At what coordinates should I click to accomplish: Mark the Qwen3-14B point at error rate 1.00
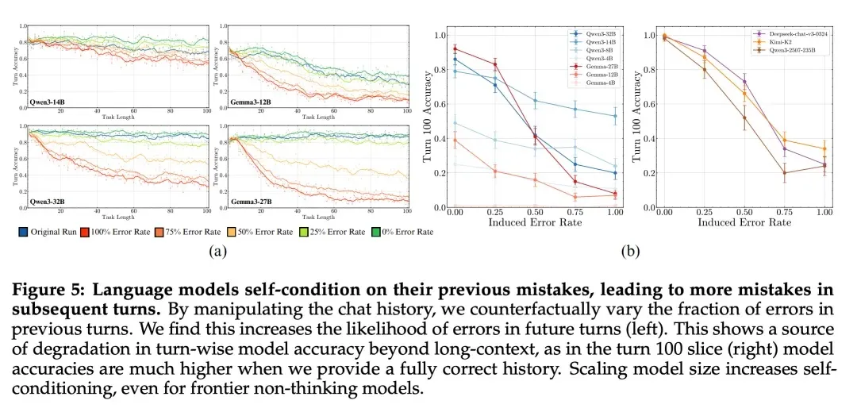[614, 116]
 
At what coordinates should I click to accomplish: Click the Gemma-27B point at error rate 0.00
[454, 48]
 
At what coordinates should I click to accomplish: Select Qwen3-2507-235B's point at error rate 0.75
[785, 173]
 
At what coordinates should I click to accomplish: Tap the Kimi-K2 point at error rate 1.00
[824, 148]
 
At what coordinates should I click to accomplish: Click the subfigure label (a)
[214, 253]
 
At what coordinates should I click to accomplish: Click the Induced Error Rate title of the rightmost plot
[744, 223]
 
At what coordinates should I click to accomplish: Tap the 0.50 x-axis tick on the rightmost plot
[744, 212]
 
